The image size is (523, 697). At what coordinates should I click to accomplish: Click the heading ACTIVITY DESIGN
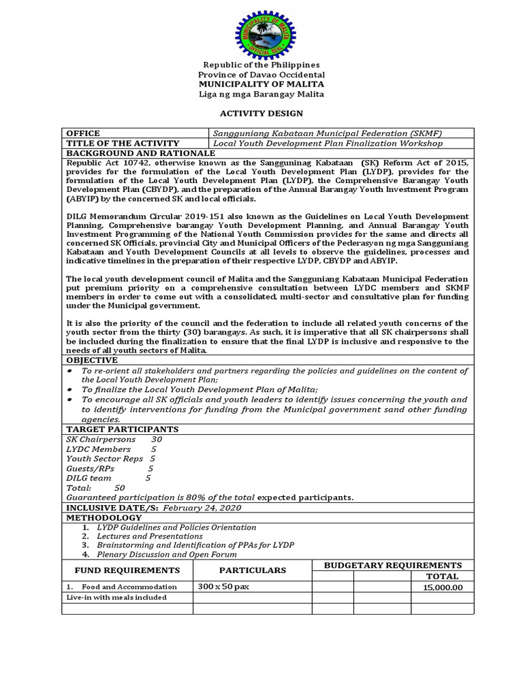pos(261,113)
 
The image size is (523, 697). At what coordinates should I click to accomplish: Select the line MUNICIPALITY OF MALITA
pos(261,84)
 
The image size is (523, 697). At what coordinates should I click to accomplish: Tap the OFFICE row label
pos(82,133)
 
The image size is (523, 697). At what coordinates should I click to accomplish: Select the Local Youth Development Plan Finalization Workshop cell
pos(328,144)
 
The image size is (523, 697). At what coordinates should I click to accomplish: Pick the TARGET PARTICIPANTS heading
pos(122,429)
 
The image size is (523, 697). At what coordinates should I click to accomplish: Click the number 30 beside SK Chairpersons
pos(157,440)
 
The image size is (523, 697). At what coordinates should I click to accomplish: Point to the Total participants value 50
pos(119,488)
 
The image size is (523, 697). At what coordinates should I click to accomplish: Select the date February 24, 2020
pos(203,508)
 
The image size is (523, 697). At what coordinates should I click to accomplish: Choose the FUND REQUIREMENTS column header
pos(127,570)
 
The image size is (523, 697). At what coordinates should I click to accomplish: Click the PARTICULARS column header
pos(252,570)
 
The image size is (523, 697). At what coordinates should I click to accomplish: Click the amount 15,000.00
pos(442,587)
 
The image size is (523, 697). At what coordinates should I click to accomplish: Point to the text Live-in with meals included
pos(116,598)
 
